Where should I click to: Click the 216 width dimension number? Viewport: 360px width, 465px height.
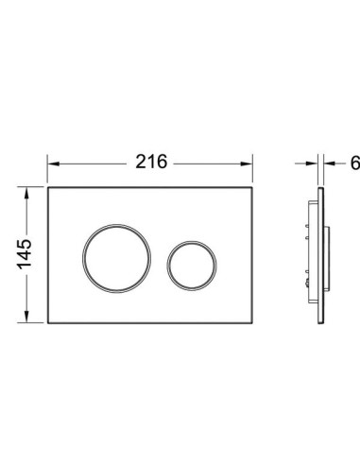(x=151, y=162)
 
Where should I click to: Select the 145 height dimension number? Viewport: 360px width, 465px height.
(x=25, y=254)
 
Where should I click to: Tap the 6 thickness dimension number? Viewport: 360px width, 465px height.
(x=355, y=163)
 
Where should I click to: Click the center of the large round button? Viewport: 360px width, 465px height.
(x=116, y=259)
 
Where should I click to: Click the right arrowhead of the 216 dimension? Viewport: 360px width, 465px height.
(x=247, y=164)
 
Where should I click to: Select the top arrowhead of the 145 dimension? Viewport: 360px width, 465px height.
(x=26, y=193)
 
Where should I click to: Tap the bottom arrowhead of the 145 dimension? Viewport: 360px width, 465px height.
(x=26, y=317)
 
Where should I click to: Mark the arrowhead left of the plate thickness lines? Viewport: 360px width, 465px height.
(x=312, y=164)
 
